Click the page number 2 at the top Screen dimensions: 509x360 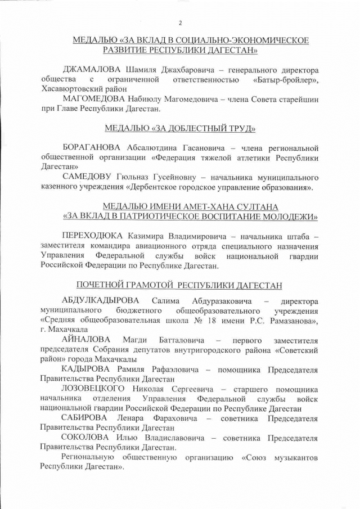(180, 23)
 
